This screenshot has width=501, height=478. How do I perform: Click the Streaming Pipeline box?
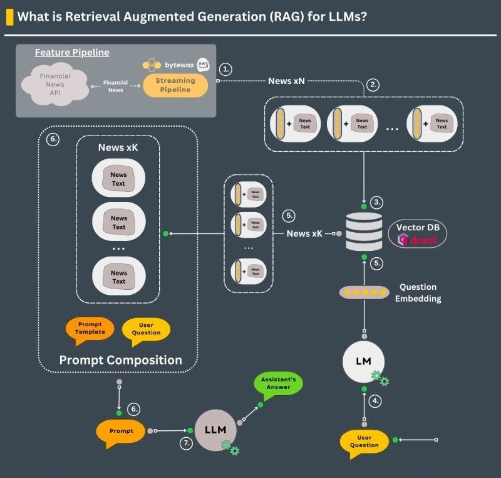(x=175, y=85)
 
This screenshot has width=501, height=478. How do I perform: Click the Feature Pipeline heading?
(x=71, y=53)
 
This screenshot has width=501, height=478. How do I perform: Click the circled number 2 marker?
(x=373, y=86)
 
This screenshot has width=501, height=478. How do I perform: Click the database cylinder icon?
(x=364, y=231)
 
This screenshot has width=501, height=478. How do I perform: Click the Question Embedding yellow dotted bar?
(x=364, y=292)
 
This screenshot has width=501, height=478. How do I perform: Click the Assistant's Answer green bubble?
(x=277, y=383)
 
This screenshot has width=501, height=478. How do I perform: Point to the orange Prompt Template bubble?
(x=90, y=328)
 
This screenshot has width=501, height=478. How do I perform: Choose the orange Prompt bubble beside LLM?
(x=120, y=431)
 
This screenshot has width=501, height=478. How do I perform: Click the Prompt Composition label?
(x=120, y=360)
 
